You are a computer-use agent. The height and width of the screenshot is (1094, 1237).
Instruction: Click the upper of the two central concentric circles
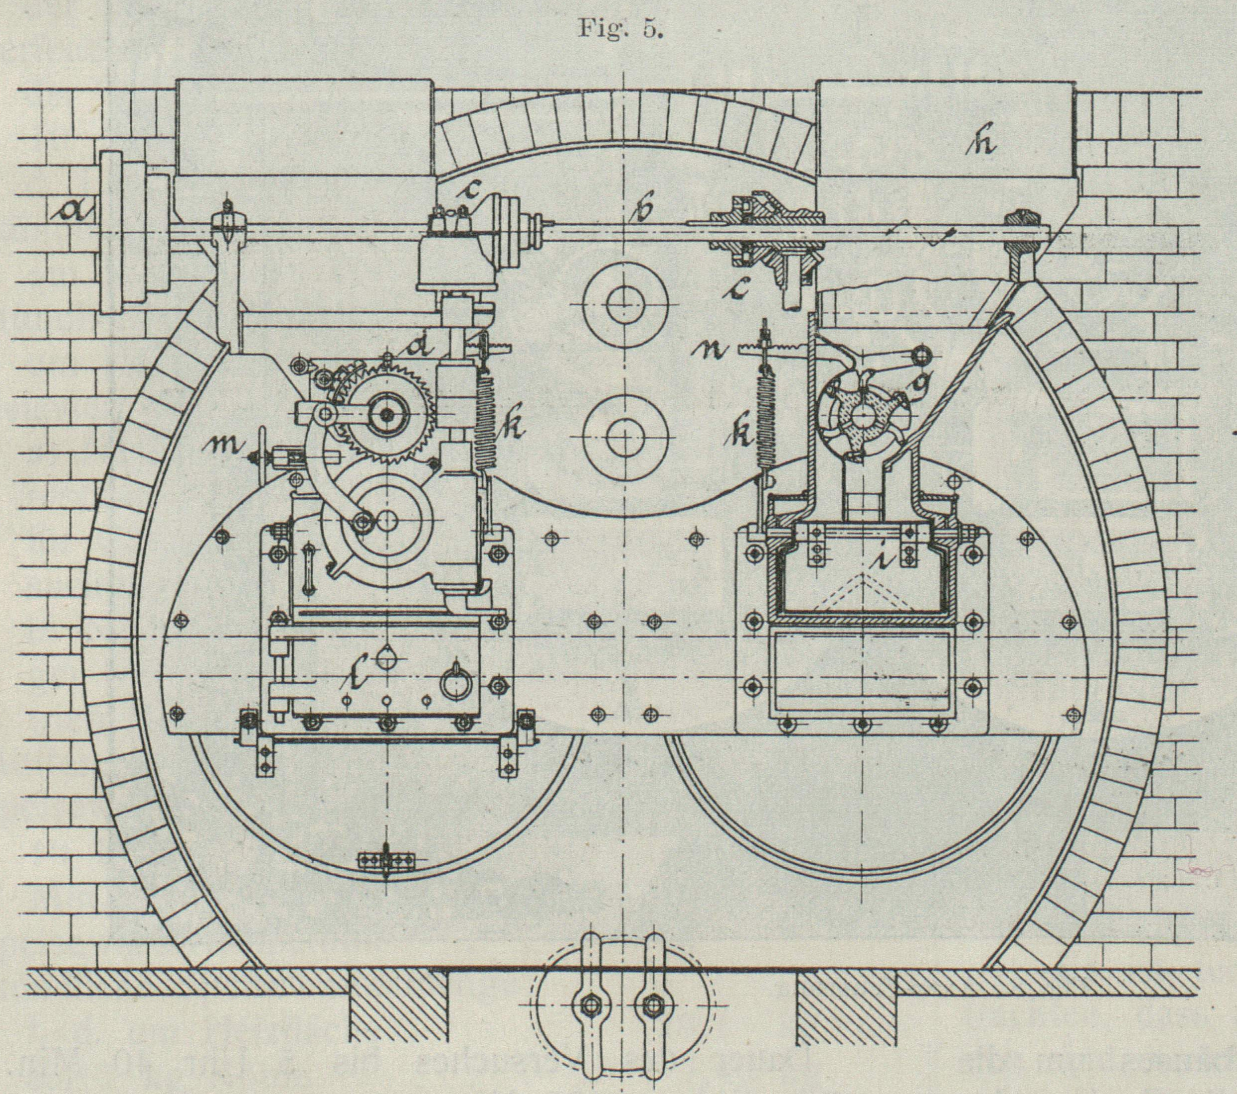pyautogui.click(x=625, y=304)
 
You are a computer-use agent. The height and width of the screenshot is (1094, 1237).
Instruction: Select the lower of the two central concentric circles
pyautogui.click(x=625, y=437)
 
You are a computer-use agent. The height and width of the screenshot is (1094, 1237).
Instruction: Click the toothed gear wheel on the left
pyautogui.click(x=387, y=415)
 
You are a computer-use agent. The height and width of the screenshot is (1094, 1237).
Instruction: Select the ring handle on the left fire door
pyautogui.click(x=455, y=684)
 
